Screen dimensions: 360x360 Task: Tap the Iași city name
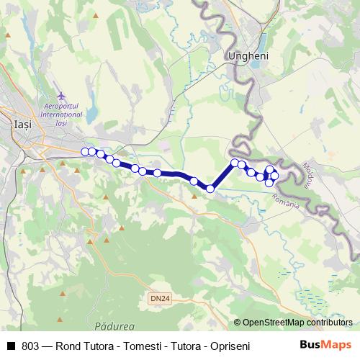click(22, 125)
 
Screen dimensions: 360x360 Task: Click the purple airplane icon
click(60, 95)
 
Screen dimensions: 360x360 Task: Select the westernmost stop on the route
click(85, 151)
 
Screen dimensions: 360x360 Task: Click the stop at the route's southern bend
click(210, 189)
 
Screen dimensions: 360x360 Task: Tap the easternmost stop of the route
click(274, 176)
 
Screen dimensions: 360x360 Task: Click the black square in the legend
click(10, 346)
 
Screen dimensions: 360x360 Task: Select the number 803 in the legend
click(31, 346)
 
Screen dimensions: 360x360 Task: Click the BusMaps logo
click(325, 345)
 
